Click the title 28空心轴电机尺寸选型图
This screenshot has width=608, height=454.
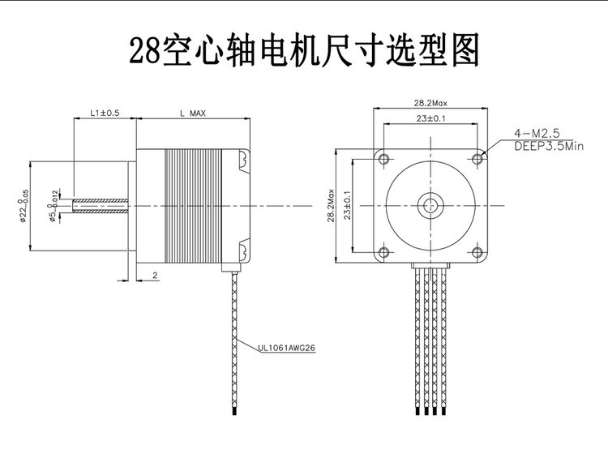pyautogui.click(x=304, y=51)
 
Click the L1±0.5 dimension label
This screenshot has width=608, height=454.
pyautogui.click(x=105, y=113)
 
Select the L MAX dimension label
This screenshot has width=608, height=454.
pyautogui.click(x=191, y=113)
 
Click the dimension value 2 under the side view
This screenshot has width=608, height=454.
pyautogui.click(x=154, y=276)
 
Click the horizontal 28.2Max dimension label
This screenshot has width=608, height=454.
pyautogui.click(x=430, y=104)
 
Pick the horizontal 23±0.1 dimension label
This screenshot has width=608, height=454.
pyautogui.click(x=430, y=118)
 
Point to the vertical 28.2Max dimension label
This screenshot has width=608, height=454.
pyautogui.click(x=332, y=205)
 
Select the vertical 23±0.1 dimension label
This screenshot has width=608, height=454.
pyautogui.click(x=346, y=205)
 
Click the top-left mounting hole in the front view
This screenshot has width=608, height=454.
pyautogui.click(x=384, y=156)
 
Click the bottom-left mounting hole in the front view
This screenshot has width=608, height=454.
pyautogui.click(x=384, y=251)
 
